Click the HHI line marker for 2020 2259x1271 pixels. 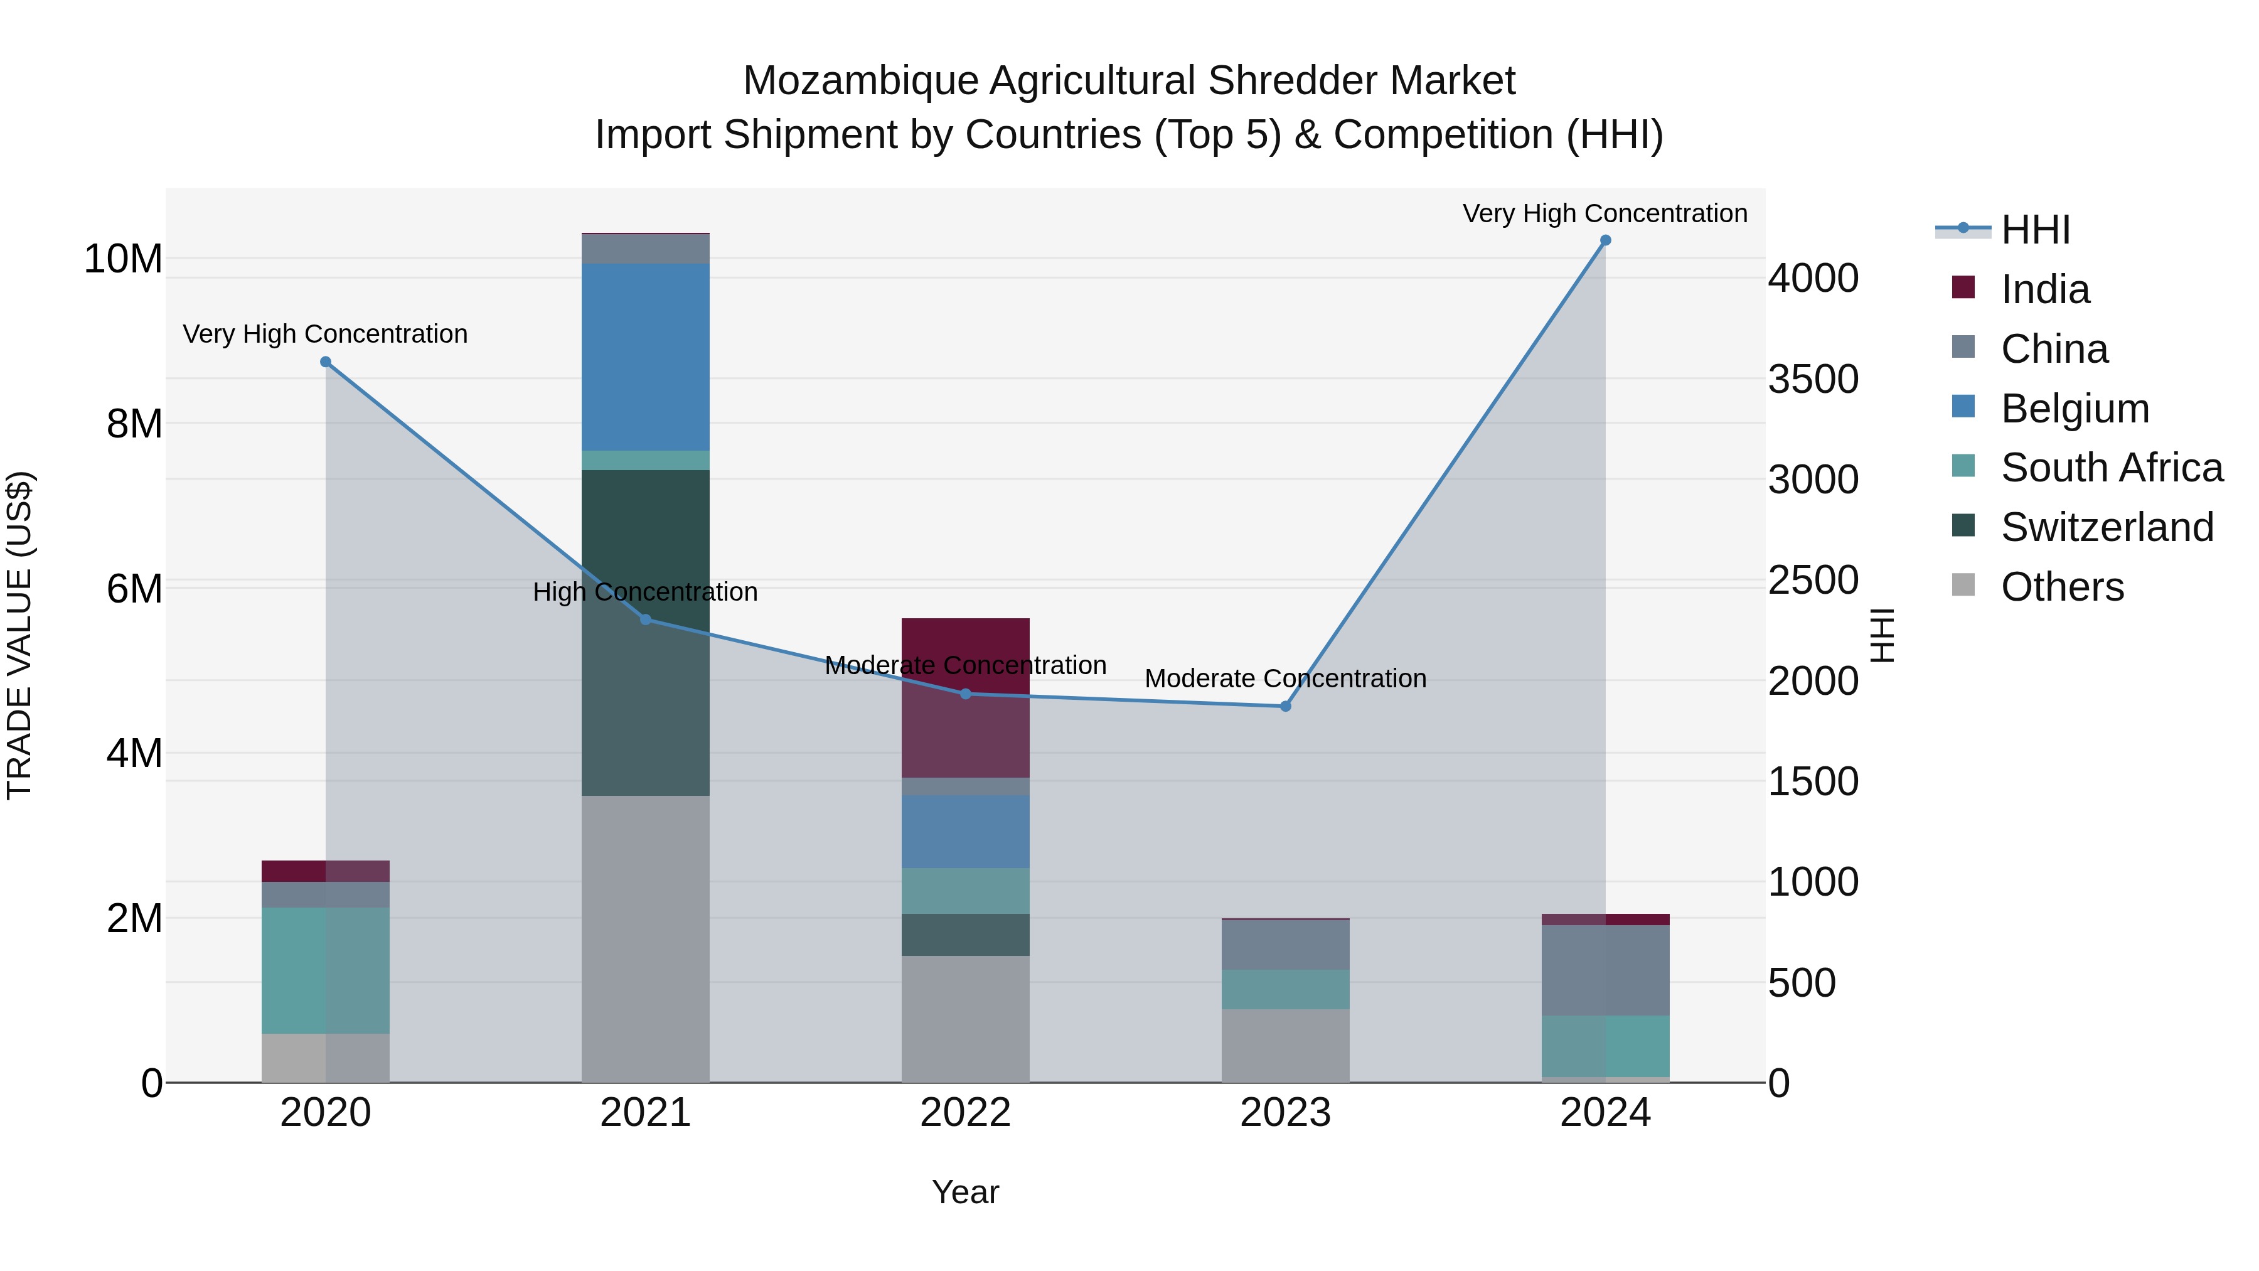coord(325,362)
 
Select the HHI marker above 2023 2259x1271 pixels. coord(1286,706)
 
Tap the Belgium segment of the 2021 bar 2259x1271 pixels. coord(646,357)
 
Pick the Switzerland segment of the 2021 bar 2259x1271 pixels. coord(646,631)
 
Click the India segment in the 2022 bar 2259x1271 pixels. coord(966,697)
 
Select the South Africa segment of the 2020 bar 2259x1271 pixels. coord(325,970)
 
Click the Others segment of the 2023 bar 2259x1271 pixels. coord(1286,1046)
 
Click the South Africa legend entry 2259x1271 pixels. coord(2111,468)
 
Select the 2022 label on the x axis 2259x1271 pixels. coord(966,1113)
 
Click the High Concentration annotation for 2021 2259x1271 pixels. coord(646,592)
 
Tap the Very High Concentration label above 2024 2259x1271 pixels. coord(1604,213)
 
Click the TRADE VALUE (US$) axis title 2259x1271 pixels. coord(19,635)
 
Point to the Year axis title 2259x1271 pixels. coord(966,1192)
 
